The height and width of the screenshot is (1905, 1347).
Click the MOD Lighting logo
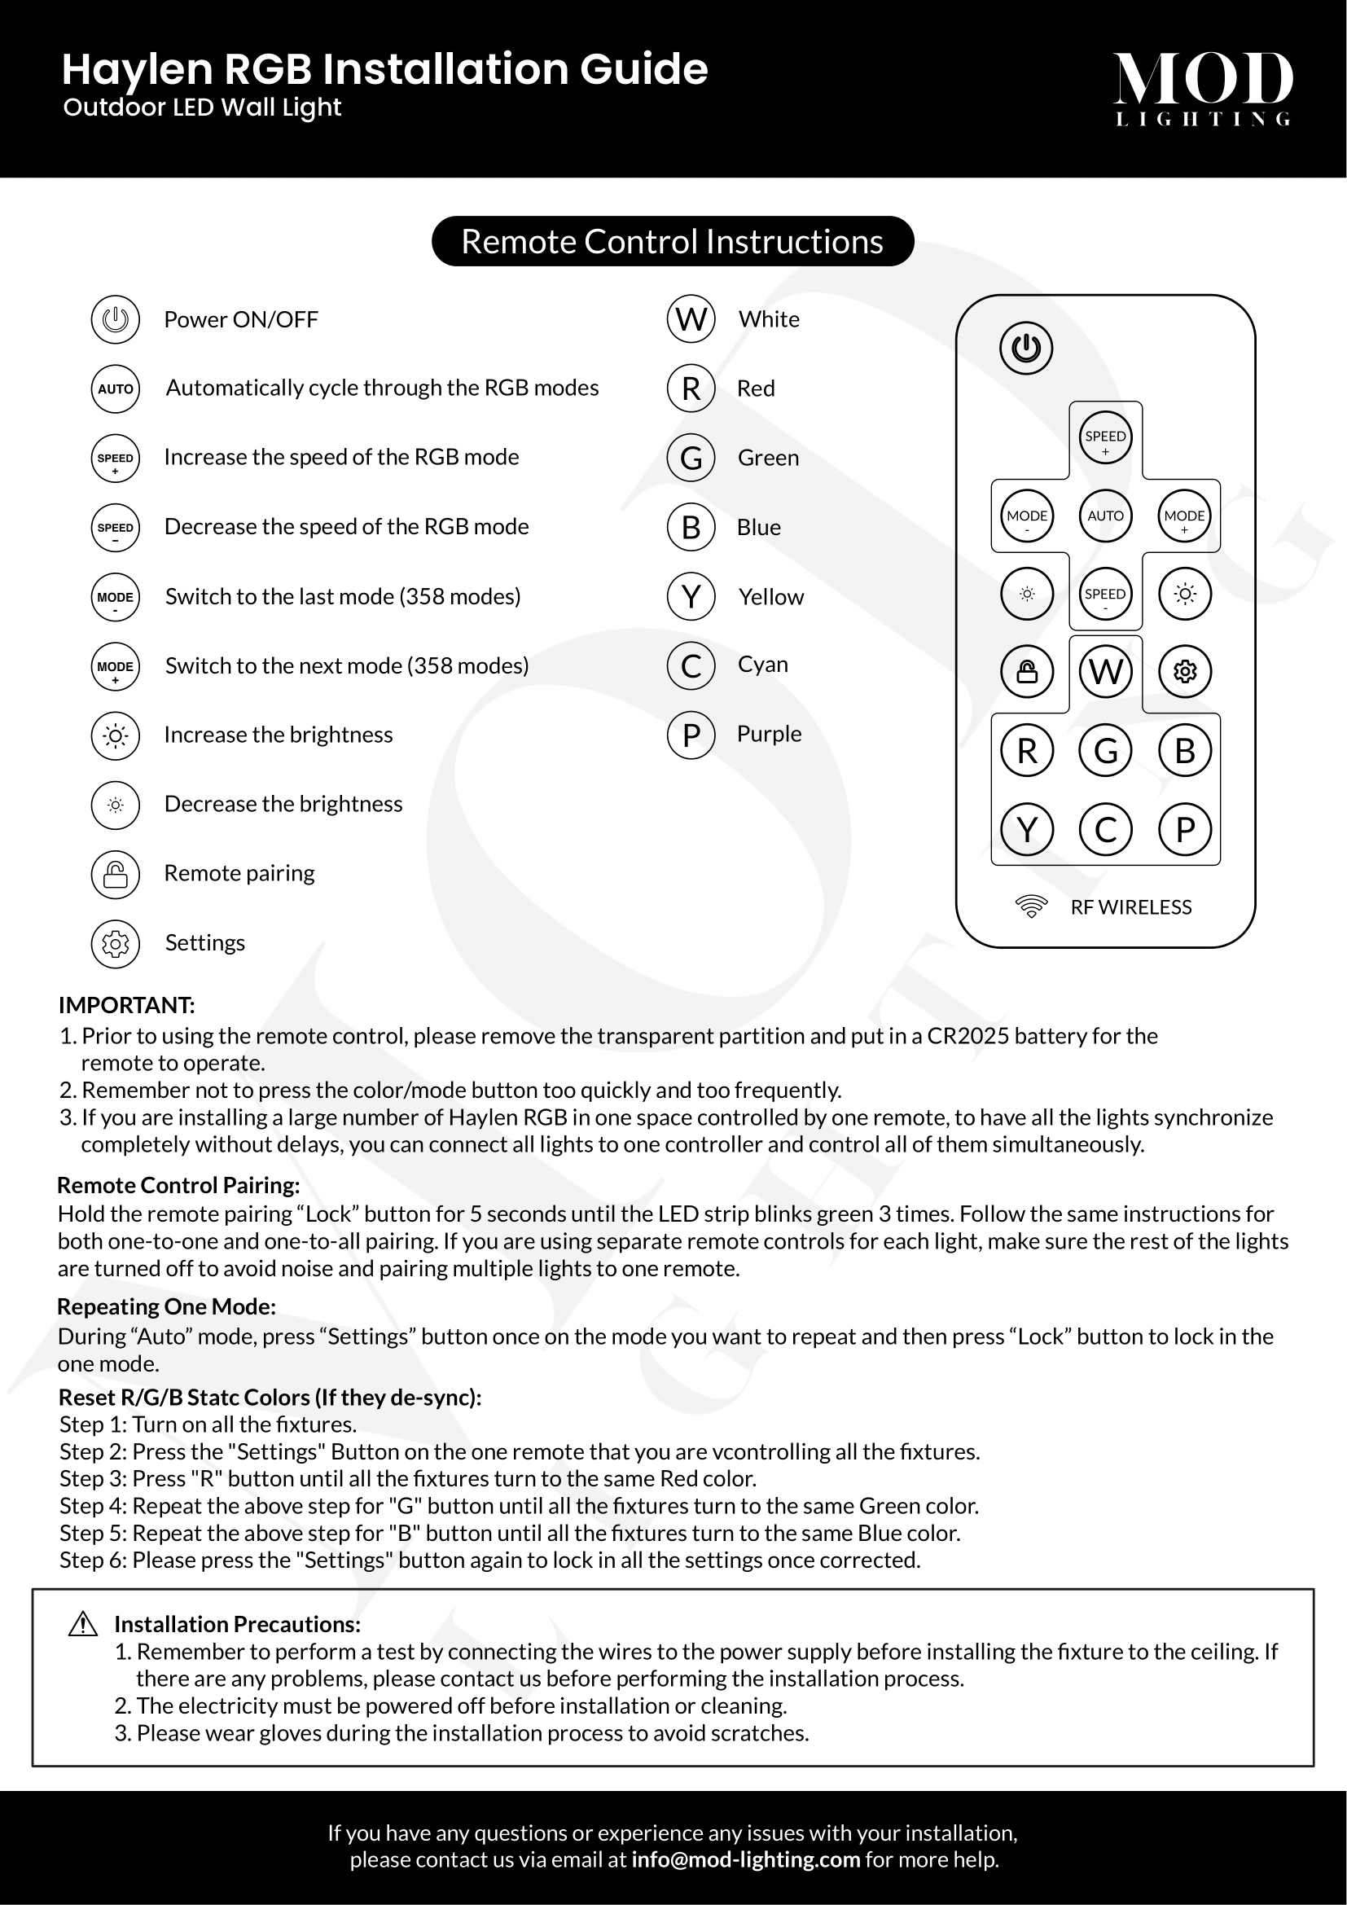[1203, 88]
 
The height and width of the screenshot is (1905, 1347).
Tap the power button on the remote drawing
[1026, 348]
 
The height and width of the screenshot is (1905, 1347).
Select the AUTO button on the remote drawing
[1106, 516]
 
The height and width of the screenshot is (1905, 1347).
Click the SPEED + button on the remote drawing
[1106, 437]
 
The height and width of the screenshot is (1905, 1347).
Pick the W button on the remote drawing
[1106, 671]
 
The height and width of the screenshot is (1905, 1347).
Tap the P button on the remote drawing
[1185, 829]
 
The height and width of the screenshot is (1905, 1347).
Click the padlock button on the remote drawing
[1027, 671]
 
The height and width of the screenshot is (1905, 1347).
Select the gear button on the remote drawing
[1185, 671]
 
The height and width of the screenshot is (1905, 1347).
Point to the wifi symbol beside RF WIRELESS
[1031, 906]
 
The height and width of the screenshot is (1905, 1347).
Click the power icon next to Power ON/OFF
[116, 319]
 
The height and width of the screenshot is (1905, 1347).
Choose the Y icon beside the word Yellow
[691, 596]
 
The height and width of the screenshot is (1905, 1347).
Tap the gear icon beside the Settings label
[116, 943]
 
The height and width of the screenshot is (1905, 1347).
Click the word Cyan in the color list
[762, 665]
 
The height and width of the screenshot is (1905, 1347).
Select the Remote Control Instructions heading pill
[673, 241]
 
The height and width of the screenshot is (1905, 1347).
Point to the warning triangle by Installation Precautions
[83, 1624]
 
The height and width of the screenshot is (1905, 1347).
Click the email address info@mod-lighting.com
[746, 1859]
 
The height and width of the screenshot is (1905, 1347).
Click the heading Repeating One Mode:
[166, 1306]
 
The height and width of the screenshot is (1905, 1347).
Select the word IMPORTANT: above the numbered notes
[126, 1005]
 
